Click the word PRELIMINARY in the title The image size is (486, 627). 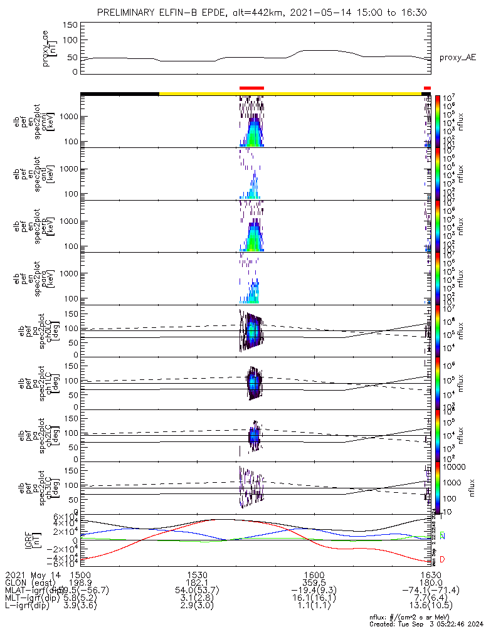click(x=129, y=13)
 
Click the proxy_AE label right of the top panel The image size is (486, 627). click(x=457, y=58)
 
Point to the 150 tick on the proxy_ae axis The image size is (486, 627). click(x=70, y=25)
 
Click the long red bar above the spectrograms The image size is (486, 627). click(x=252, y=88)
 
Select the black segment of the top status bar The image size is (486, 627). click(x=119, y=93)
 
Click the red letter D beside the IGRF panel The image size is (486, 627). click(x=442, y=559)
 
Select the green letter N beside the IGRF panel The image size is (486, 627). click(x=442, y=536)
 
